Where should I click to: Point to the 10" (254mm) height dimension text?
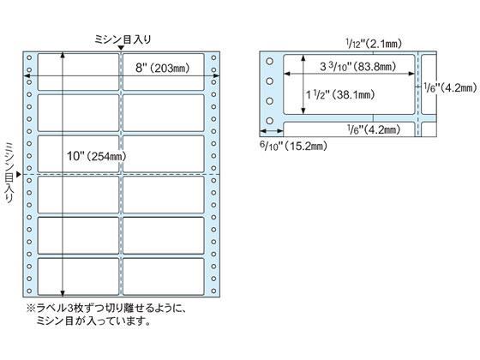pyautogui.click(x=95, y=156)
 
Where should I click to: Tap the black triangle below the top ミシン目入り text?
pyautogui.click(x=120, y=48)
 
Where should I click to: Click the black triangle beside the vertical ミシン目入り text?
pyautogui.click(x=19, y=174)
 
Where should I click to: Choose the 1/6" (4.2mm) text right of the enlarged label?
pyautogui.click(x=449, y=86)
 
